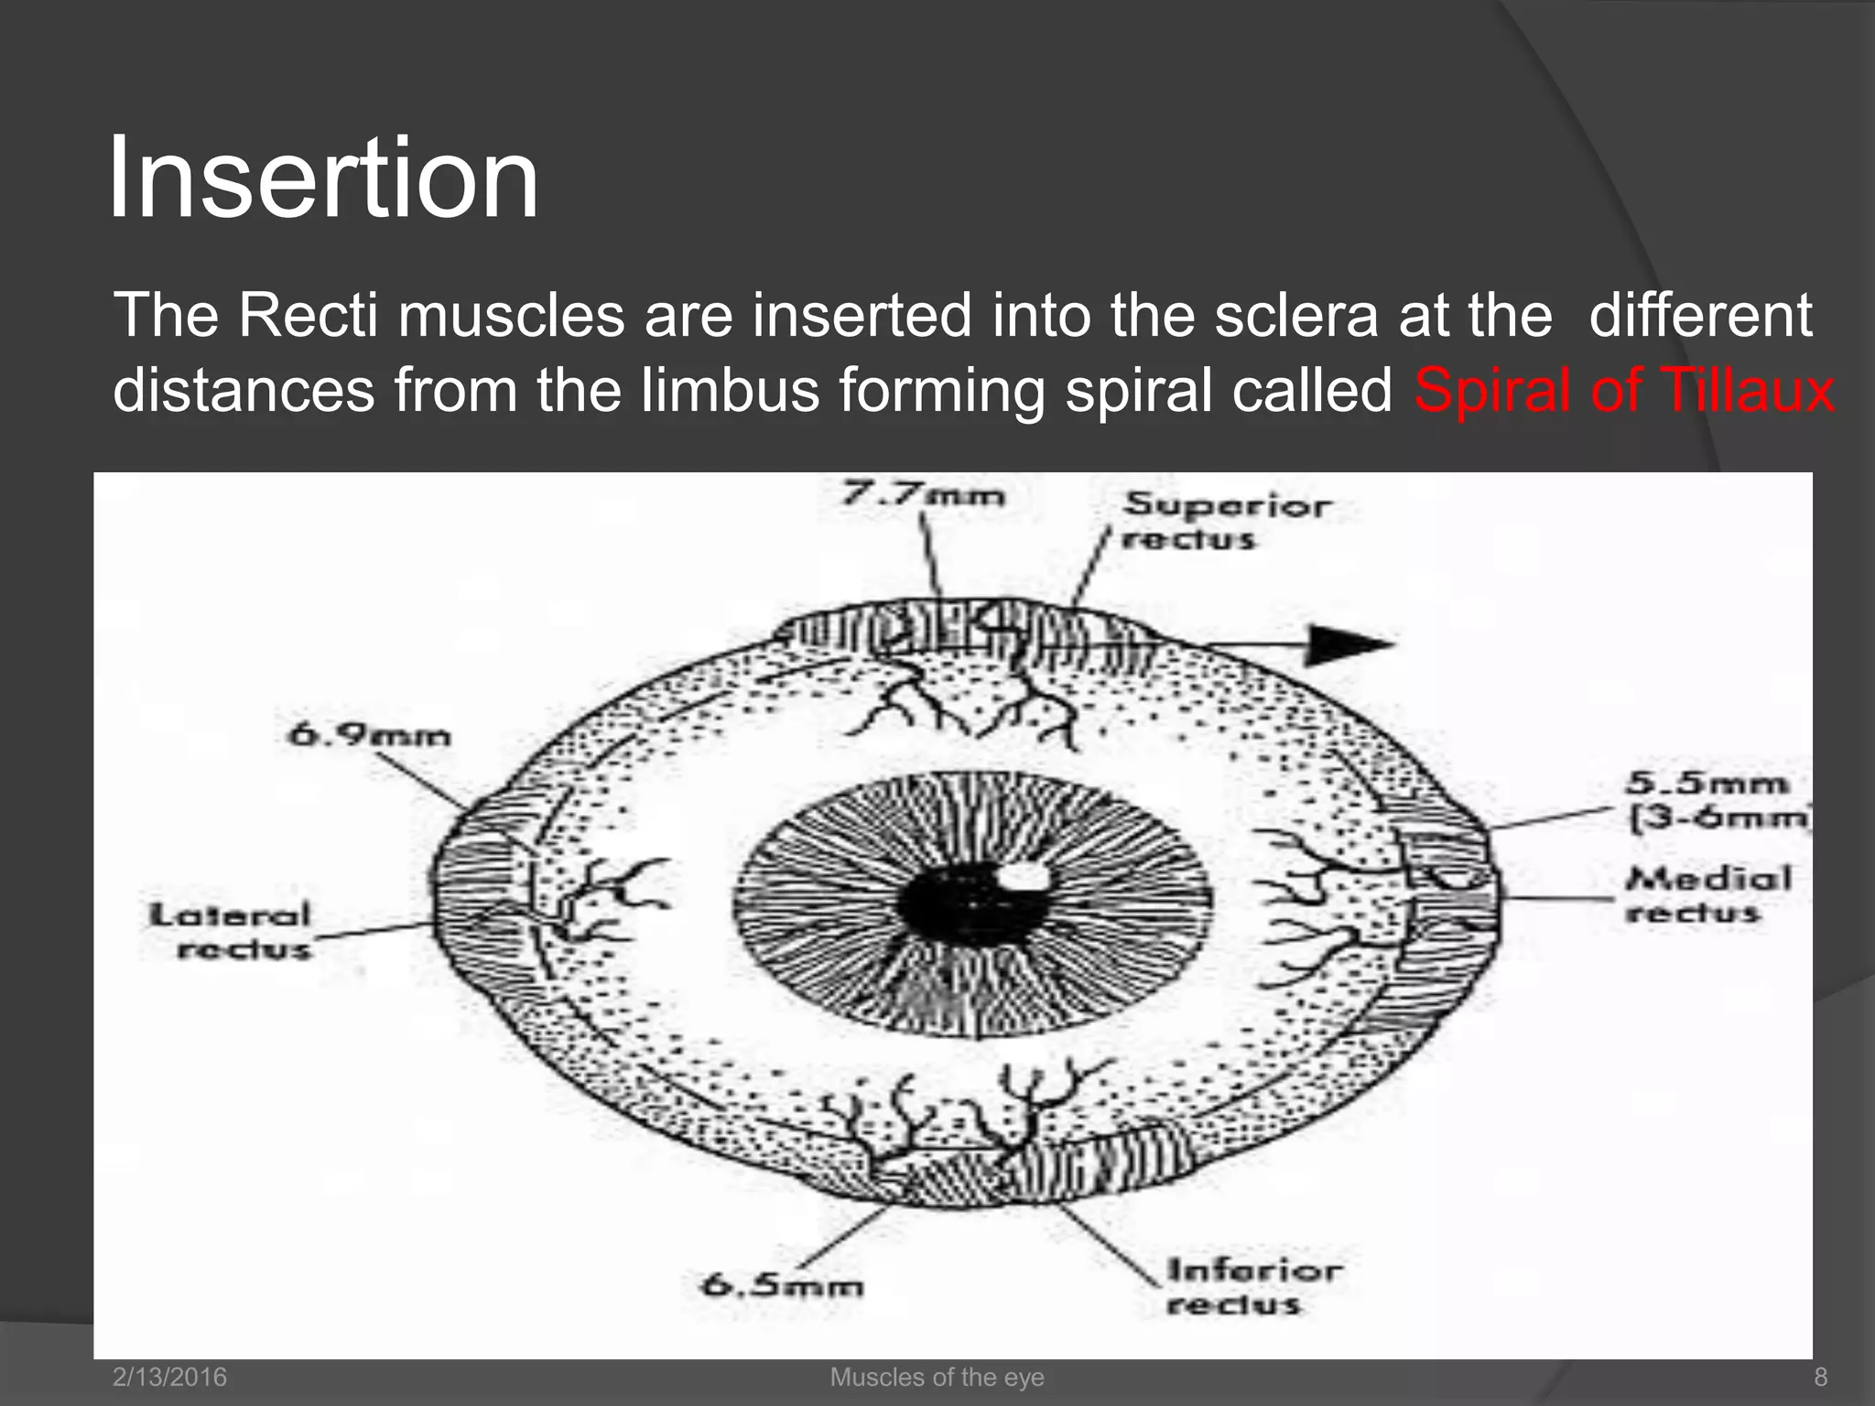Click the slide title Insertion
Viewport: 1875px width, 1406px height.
322,178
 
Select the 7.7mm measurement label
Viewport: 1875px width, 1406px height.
923,495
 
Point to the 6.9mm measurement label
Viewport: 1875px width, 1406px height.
370,734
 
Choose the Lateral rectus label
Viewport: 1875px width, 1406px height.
232,931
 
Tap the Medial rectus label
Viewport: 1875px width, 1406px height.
1708,895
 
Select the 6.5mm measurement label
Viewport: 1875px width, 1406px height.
783,1285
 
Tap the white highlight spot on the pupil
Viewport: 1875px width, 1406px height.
1026,875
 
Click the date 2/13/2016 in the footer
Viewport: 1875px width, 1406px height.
169,1377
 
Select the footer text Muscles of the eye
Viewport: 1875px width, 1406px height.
937,1377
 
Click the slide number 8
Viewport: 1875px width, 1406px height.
1820,1377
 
